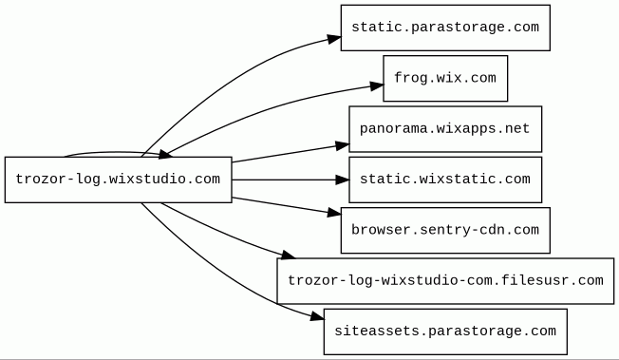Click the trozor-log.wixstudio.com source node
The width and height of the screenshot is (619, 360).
point(118,180)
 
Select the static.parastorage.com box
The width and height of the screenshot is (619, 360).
point(445,28)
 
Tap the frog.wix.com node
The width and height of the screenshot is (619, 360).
point(445,78)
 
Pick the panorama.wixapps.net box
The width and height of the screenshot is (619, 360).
point(445,129)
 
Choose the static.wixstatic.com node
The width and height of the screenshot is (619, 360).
point(445,180)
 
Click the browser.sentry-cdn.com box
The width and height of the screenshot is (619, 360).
point(445,231)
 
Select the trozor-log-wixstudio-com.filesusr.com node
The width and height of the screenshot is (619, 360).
point(445,281)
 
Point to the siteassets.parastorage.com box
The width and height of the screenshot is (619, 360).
point(445,332)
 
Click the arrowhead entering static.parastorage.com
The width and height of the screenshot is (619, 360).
point(334,39)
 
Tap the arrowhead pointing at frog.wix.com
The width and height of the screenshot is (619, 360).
point(377,85)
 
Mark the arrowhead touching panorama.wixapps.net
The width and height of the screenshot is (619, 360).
point(343,145)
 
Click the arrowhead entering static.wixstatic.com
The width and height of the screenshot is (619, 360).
point(343,180)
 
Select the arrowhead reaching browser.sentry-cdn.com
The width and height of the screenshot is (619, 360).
point(334,213)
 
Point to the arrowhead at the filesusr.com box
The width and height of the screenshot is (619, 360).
point(288,256)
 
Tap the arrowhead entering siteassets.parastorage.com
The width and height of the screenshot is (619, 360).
point(317,316)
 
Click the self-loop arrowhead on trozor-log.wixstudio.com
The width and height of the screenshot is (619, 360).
point(165,154)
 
